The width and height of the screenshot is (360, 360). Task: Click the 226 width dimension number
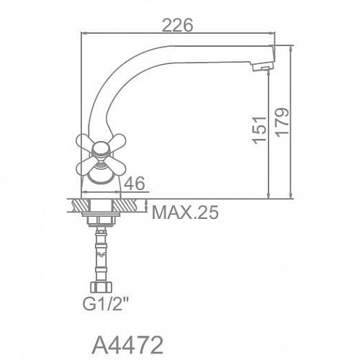point(178,25)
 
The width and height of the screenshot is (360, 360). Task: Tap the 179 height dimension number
point(282,122)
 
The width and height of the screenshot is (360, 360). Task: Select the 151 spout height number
point(260,130)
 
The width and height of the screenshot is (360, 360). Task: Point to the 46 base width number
point(135,184)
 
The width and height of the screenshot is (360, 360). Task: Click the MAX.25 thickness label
point(185,212)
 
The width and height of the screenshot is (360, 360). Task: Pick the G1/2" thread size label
point(104,303)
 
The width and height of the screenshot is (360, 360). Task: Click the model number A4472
point(127,346)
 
